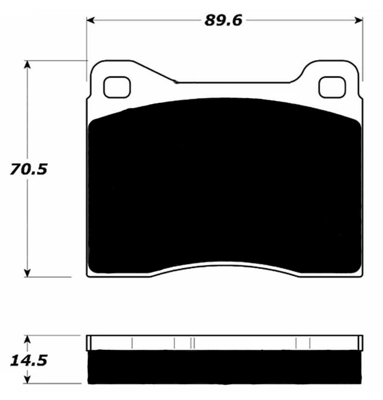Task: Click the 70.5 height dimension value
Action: [28, 169]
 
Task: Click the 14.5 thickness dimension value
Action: [28, 361]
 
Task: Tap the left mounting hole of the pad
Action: [117, 87]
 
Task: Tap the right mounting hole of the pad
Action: [332, 87]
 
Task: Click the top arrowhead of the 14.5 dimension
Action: [28, 339]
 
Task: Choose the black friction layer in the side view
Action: [225, 366]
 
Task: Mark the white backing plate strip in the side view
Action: [225, 343]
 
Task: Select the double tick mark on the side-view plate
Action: [192, 343]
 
